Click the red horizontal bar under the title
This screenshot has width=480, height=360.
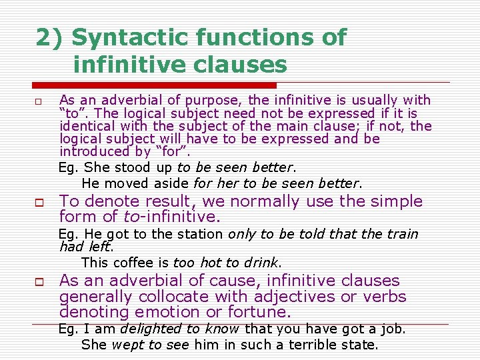click(154, 85)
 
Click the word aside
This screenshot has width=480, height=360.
click(171, 183)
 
